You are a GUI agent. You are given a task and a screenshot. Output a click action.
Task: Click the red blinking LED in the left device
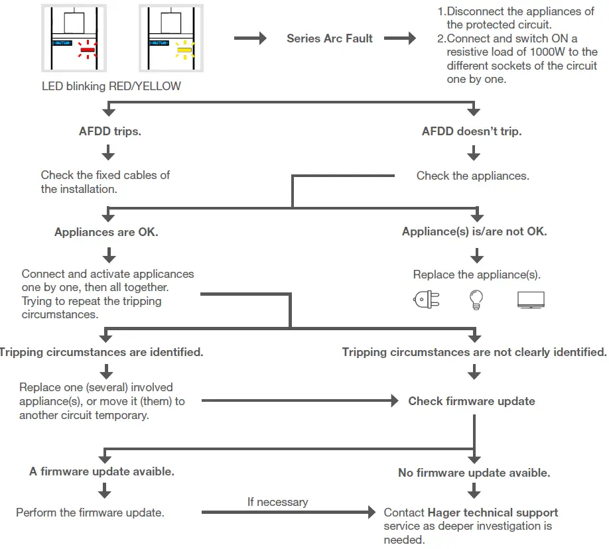tap(88, 50)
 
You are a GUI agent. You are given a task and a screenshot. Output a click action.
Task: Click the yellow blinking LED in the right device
tap(184, 50)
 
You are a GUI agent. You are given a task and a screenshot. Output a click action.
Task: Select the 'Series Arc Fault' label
tap(329, 38)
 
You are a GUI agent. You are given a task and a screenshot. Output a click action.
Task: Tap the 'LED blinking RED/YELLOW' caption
tap(111, 86)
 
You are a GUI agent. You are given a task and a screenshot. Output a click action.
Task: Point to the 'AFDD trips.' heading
tap(110, 131)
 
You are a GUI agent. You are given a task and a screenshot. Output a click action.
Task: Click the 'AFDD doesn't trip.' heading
tap(472, 131)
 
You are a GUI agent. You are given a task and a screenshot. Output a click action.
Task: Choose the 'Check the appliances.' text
tap(473, 176)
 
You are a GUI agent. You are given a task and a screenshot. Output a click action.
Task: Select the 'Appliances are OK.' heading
tap(106, 232)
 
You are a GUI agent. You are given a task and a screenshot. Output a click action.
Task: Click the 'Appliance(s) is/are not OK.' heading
tap(474, 231)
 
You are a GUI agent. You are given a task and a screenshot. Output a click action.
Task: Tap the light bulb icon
tap(476, 300)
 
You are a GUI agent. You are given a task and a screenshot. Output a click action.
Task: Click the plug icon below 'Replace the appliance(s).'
tap(427, 300)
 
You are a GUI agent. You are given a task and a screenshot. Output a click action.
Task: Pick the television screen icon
tap(531, 300)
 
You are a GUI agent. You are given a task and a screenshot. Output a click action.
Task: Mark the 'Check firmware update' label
tap(472, 401)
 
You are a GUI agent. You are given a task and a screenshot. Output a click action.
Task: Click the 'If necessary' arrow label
tap(278, 502)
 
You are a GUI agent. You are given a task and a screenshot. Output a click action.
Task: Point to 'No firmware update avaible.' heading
tap(474, 473)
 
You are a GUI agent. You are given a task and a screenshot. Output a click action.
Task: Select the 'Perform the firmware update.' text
tap(90, 513)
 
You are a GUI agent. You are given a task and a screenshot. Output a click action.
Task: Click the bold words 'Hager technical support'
tap(492, 513)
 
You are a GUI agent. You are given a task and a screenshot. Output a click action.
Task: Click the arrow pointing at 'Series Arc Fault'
tap(250, 38)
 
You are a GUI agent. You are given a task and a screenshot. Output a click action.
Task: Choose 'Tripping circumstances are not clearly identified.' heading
tap(474, 352)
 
